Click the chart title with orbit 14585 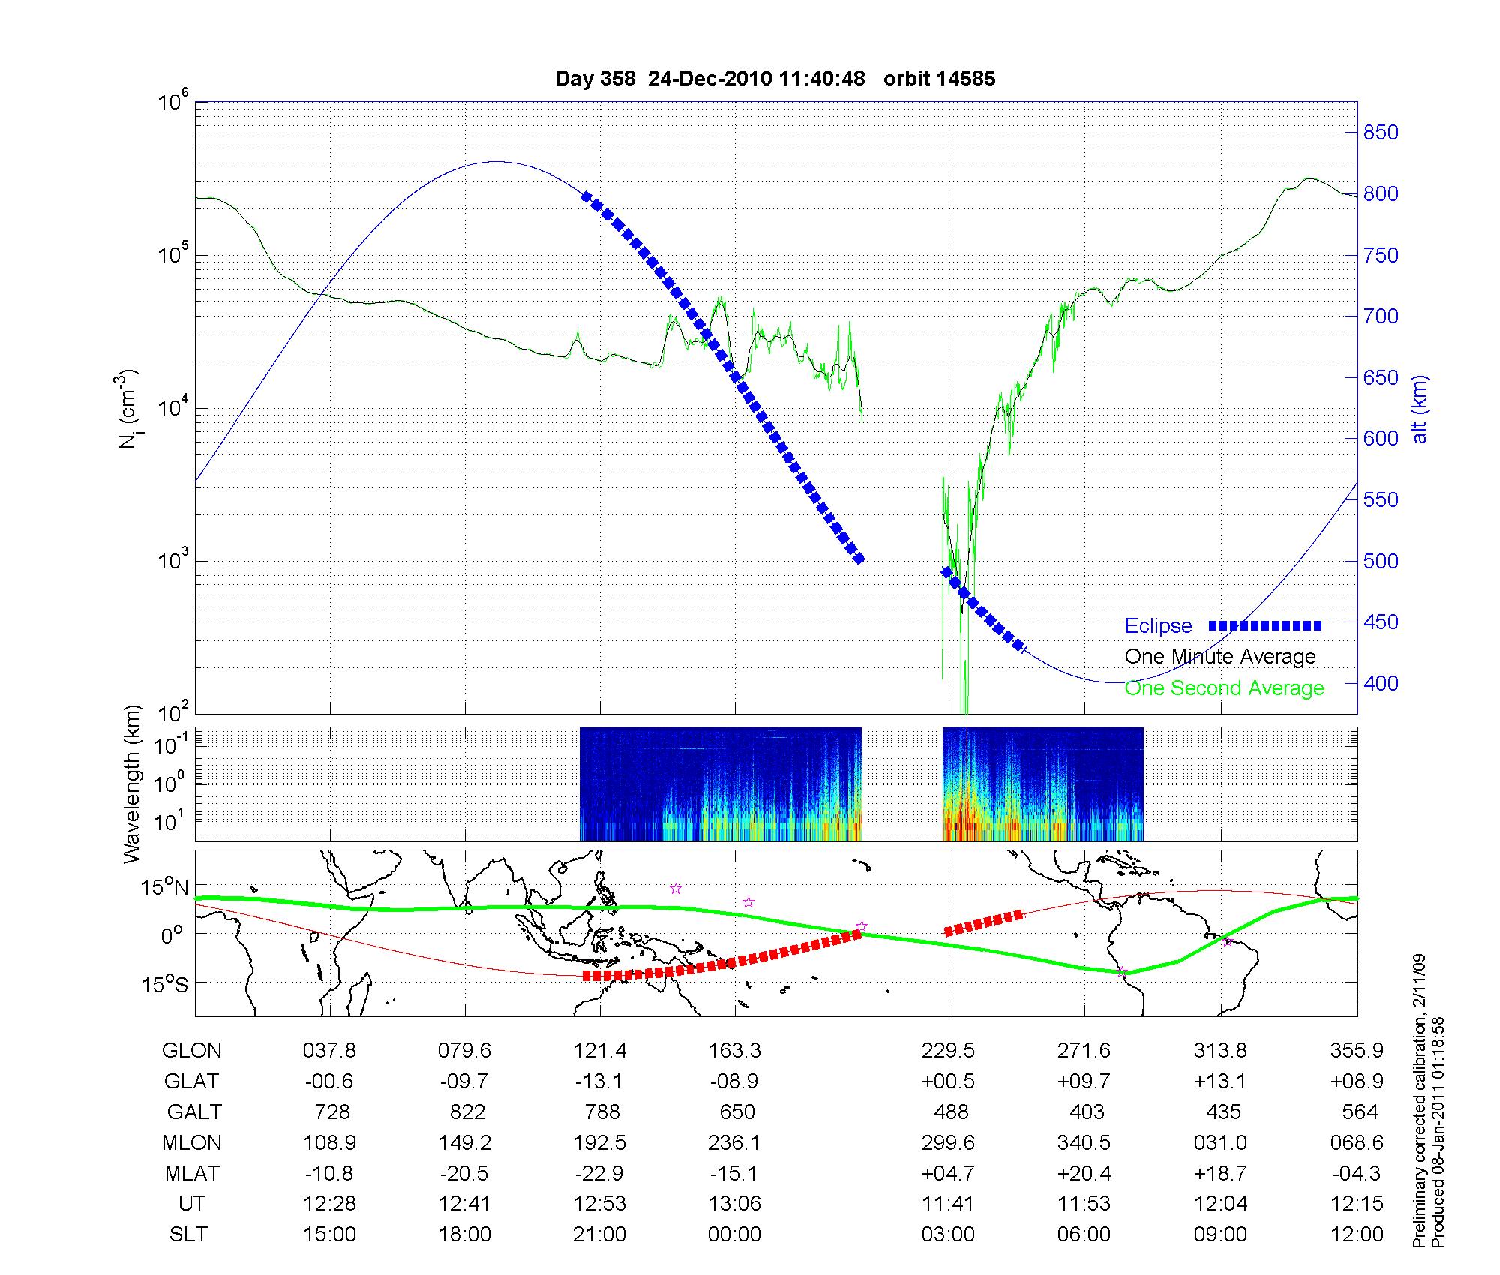[775, 79]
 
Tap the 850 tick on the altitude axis [1381, 133]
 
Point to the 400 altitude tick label [1381, 683]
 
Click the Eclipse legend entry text [1158, 626]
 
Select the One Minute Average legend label [1220, 657]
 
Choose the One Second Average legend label [1224, 688]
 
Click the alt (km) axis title [1420, 409]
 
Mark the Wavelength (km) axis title [133, 784]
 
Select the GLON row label [191, 1051]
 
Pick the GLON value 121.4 [600, 1051]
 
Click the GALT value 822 [466, 1111]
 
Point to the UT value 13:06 [734, 1204]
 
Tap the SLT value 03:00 [948, 1234]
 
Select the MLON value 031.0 [1221, 1142]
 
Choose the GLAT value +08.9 [1357, 1081]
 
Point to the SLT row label [188, 1234]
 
